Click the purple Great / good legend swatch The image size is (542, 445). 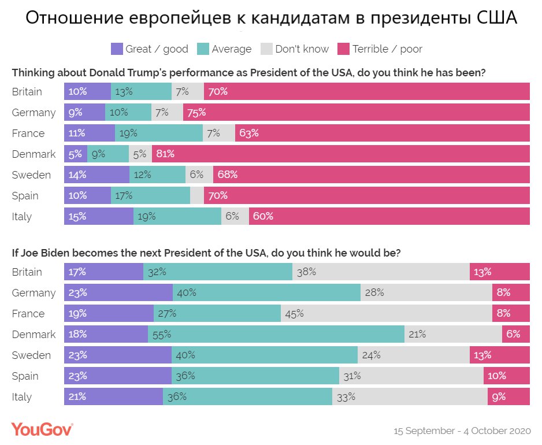coord(117,49)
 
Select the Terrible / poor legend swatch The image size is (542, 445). coord(344,49)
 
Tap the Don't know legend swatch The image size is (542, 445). coord(268,49)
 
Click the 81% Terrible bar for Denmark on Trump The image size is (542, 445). coord(341,154)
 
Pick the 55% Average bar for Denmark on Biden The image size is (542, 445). coord(276,335)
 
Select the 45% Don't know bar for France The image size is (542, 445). coord(387,314)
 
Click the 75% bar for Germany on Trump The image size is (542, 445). coord(357,113)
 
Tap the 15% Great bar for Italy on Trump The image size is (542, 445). coord(99,217)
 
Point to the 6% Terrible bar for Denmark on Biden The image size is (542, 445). coord(516,335)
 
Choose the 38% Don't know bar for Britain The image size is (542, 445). coord(381,272)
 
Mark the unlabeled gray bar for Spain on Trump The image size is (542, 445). coord(197,196)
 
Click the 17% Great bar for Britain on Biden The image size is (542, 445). coord(103,272)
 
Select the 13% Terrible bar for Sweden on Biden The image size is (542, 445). coord(500,355)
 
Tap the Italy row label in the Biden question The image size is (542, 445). coord(22,397)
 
